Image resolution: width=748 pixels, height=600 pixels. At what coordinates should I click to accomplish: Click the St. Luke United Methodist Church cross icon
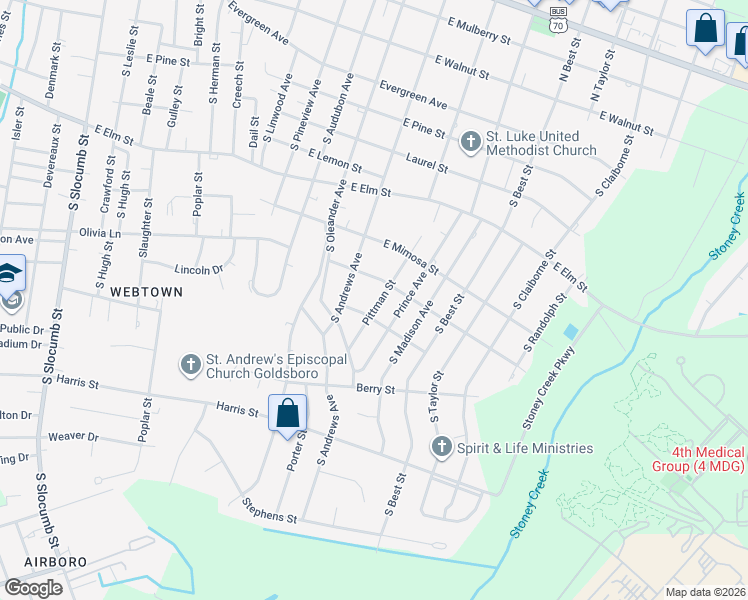pyautogui.click(x=470, y=142)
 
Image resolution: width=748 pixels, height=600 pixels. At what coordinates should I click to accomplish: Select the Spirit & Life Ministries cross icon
pyautogui.click(x=441, y=448)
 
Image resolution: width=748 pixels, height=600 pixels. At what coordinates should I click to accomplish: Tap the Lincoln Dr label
pyautogui.click(x=198, y=269)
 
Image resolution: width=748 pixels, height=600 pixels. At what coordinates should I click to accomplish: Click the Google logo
pyautogui.click(x=33, y=587)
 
